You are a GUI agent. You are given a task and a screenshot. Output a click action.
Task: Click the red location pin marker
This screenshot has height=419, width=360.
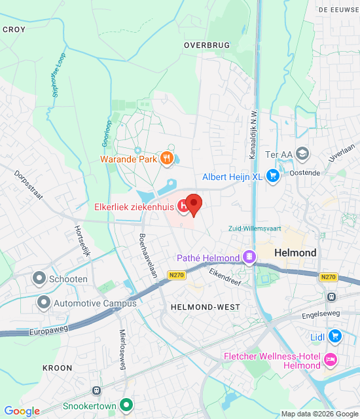click(x=192, y=202)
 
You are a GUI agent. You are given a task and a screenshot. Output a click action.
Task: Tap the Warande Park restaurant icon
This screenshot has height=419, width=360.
click(x=168, y=158)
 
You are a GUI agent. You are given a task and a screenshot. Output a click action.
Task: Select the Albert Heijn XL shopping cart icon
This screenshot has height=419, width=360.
click(x=273, y=177)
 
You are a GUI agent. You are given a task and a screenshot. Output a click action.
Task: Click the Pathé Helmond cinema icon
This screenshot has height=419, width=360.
click(x=249, y=257)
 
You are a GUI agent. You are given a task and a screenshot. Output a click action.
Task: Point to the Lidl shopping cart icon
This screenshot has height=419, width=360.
click(x=335, y=337)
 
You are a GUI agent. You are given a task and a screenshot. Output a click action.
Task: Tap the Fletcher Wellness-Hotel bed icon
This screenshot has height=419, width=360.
click(x=330, y=360)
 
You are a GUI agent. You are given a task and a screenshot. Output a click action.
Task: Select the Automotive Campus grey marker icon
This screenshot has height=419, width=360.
click(x=44, y=302)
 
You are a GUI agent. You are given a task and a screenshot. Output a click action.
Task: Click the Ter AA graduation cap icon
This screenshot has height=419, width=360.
click(x=302, y=154)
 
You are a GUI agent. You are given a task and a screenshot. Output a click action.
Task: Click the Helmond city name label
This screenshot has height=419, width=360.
click(x=295, y=253)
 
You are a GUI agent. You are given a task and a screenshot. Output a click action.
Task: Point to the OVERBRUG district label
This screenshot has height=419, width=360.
click(x=207, y=45)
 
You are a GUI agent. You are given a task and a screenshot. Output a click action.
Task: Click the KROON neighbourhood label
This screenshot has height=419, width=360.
click(x=57, y=368)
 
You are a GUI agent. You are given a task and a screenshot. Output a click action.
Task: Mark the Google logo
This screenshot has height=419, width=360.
click(x=22, y=411)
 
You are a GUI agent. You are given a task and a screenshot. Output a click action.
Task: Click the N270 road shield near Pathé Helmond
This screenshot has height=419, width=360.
click(x=175, y=276)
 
